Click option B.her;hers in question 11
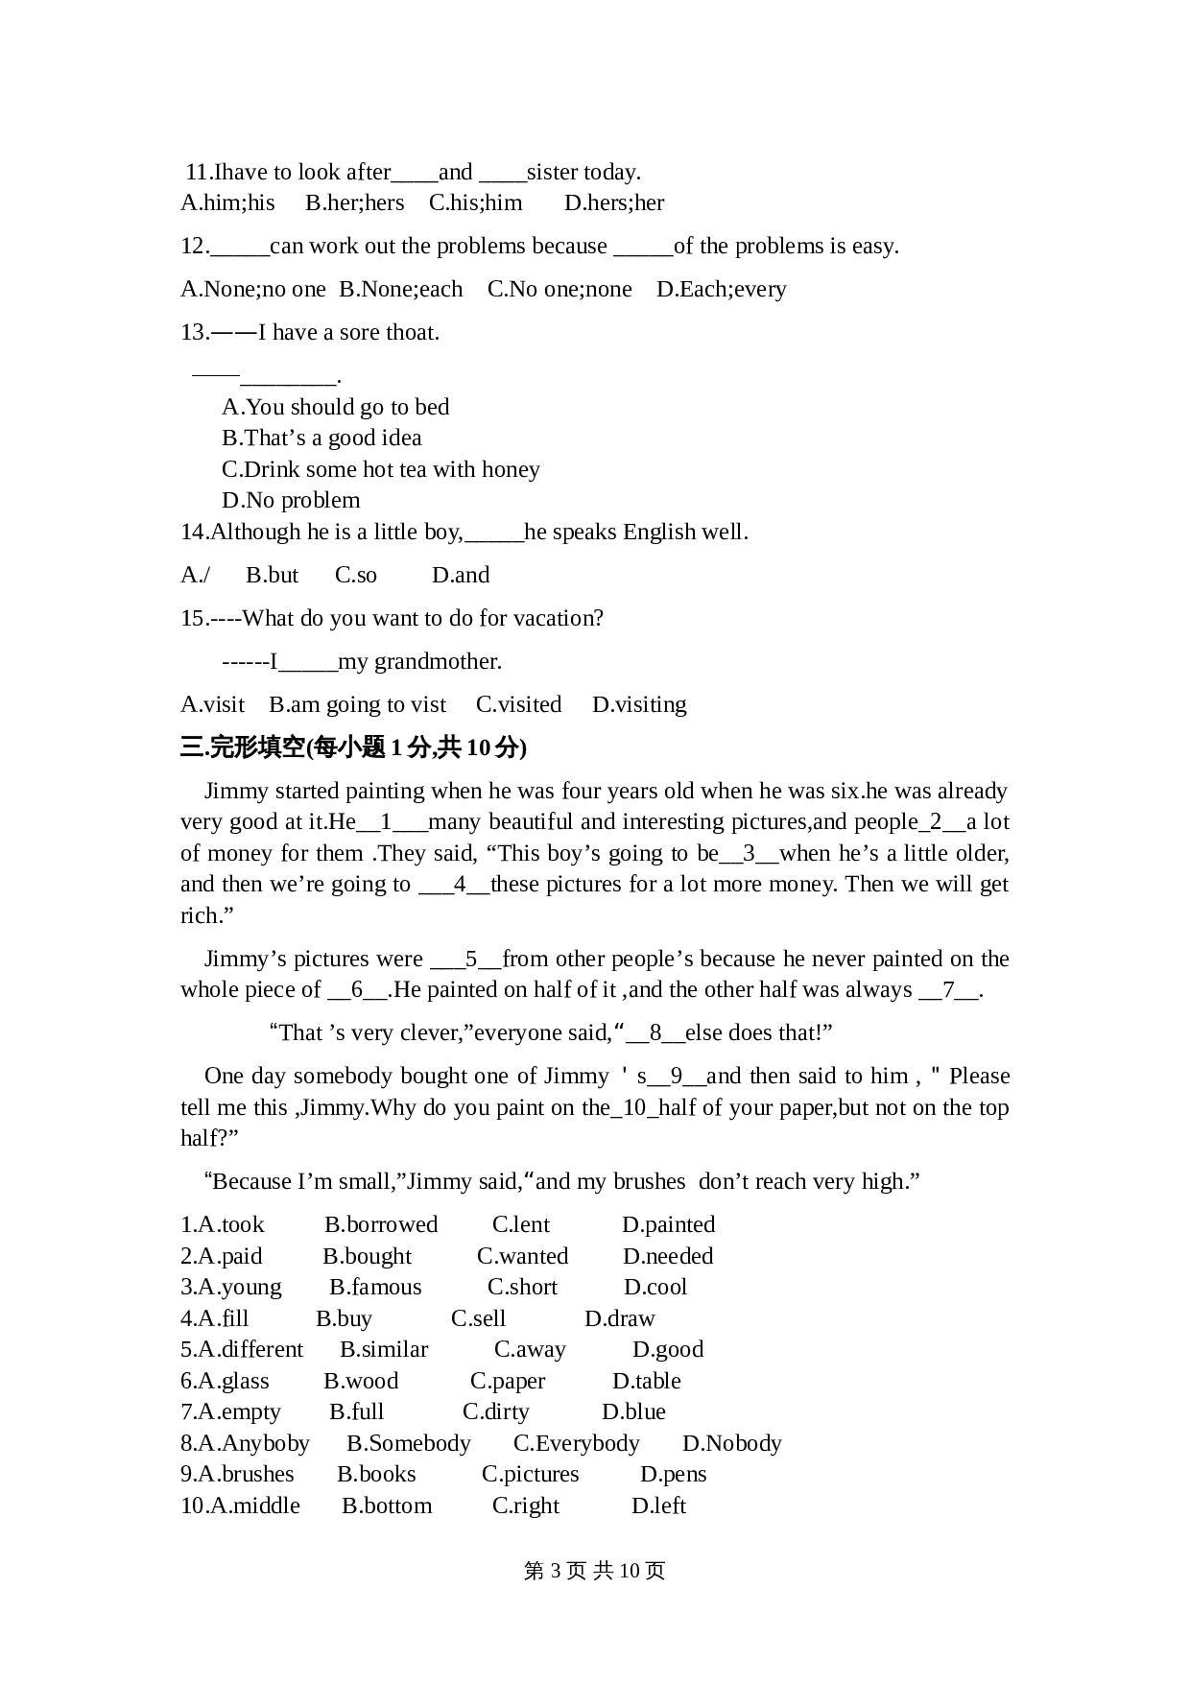354,203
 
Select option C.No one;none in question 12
559,290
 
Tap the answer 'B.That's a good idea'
321,439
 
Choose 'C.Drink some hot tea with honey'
380,470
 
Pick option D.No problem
291,501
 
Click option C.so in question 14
356,576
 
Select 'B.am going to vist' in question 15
357,705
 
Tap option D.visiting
639,705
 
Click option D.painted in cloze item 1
668,1225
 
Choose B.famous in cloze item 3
375,1288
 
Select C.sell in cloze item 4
478,1319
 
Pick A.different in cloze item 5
242,1350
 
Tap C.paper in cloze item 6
508,1382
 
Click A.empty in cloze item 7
230,1412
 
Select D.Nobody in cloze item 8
731,1444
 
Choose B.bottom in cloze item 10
387,1506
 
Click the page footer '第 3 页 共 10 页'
594,1571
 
